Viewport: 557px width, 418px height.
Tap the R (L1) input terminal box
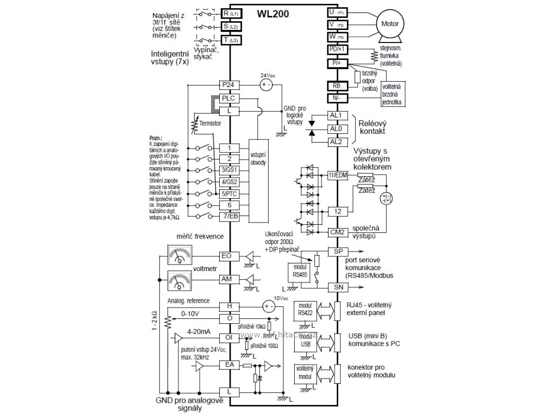[x=230, y=12]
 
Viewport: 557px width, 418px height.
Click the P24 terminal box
[x=230, y=85]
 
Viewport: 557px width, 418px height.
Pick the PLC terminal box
[x=230, y=98]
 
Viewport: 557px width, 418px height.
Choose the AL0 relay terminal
[x=336, y=128]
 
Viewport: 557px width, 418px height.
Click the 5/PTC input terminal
[x=230, y=193]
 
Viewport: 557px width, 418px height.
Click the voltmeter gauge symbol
[x=180, y=280]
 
